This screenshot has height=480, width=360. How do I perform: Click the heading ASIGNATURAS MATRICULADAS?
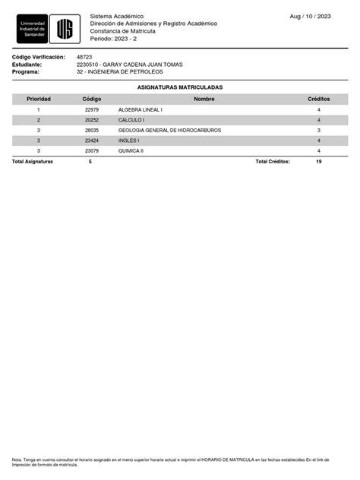tap(179, 87)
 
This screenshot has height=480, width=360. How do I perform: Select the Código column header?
tap(92, 99)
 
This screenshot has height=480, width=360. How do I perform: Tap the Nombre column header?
tap(204, 99)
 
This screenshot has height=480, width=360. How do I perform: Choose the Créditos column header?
tap(318, 99)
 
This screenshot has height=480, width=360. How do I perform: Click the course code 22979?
tap(92, 110)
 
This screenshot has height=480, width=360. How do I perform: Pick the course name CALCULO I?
tap(131, 120)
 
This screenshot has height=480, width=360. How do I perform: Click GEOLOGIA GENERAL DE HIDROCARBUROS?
tap(169, 131)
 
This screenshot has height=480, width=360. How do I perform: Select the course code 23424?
tap(92, 141)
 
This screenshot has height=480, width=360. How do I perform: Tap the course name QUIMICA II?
tap(131, 151)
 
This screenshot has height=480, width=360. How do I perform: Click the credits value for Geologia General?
tap(318, 131)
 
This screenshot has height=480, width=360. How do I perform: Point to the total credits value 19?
tap(318, 162)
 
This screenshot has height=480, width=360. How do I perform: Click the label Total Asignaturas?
tap(33, 162)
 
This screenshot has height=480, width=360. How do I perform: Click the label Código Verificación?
tap(39, 57)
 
